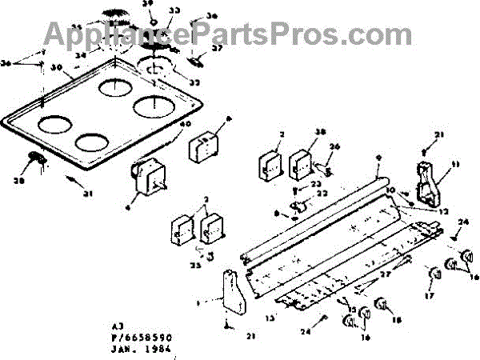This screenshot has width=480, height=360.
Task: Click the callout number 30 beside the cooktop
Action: [56, 67]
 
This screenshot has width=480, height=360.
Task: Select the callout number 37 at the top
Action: [217, 47]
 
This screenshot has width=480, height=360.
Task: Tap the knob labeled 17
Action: [436, 276]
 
